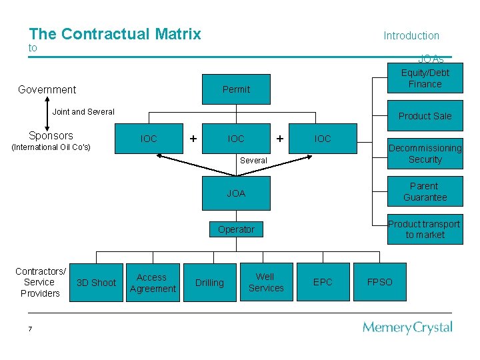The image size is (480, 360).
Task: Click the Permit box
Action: (236, 89)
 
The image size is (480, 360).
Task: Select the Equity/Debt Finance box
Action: (425, 78)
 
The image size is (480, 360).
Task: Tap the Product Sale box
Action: (425, 116)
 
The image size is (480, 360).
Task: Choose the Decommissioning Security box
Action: (425, 154)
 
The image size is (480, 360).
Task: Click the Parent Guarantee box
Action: (425, 192)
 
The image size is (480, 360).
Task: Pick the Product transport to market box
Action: (425, 229)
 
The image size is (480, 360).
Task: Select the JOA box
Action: (236, 193)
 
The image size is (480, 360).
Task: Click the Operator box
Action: (236, 229)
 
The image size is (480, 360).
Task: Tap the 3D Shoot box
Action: (96, 283)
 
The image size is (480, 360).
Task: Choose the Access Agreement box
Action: (153, 283)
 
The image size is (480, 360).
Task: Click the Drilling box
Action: (209, 283)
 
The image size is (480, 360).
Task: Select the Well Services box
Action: (265, 283)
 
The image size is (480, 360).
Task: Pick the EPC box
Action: (323, 283)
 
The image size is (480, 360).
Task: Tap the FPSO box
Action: (380, 283)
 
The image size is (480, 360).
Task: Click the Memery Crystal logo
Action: (407, 327)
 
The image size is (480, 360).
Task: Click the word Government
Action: (47, 89)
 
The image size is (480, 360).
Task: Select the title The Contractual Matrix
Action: (115, 34)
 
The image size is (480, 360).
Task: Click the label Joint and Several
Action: (83, 112)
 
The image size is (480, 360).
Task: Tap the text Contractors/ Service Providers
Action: (40, 283)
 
